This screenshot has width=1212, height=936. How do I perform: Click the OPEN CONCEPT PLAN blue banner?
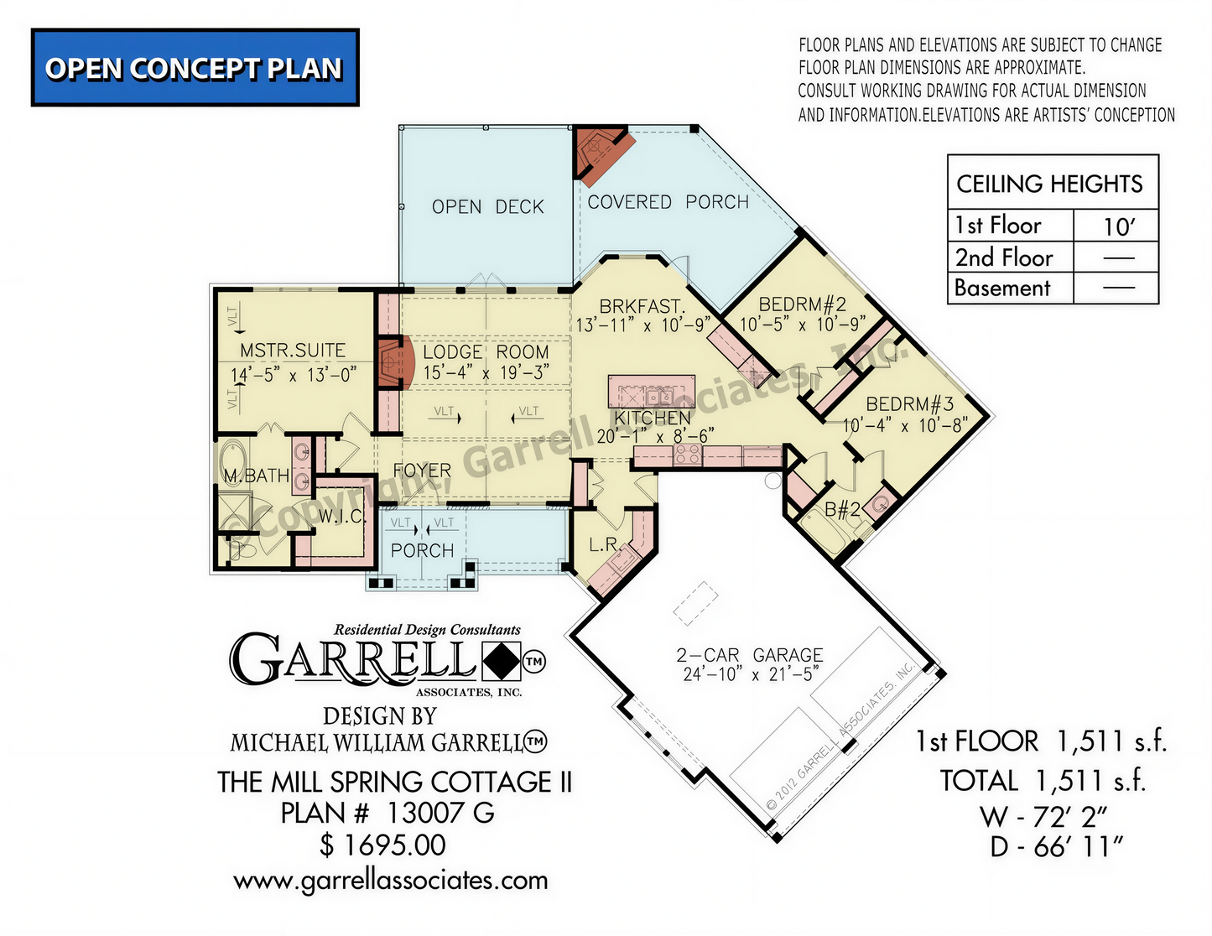point(195,67)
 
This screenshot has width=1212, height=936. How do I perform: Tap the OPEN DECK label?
point(487,207)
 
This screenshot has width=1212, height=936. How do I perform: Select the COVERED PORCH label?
point(668,202)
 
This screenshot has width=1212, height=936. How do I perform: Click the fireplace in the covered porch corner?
point(602,153)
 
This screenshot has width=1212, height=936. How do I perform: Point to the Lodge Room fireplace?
point(395,361)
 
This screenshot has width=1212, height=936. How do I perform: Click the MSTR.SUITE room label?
point(293,350)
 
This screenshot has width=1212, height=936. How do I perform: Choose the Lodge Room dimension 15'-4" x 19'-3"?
point(486,372)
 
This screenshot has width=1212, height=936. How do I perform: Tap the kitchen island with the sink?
point(652,392)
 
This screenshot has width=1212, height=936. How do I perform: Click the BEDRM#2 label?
point(803,304)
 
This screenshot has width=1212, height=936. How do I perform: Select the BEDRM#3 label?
point(910,403)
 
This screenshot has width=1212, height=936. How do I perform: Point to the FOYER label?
point(422,471)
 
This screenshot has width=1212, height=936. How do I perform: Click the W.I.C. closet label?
point(341,516)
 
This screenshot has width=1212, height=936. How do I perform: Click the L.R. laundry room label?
point(603,544)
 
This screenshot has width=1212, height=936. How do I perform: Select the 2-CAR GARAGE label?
point(750,654)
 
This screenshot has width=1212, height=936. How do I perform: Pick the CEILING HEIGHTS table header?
point(1049,184)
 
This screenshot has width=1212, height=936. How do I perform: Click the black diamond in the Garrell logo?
point(502,661)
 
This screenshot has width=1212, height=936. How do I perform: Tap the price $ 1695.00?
point(382,845)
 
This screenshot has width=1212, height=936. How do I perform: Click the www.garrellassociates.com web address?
point(390,881)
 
